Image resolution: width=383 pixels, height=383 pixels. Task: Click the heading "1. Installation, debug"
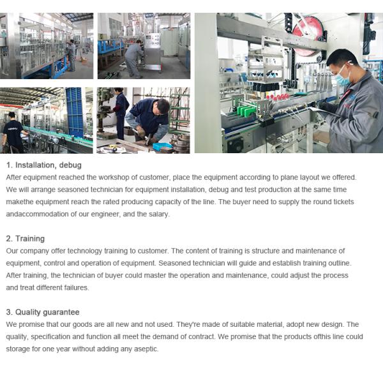pos(43,165)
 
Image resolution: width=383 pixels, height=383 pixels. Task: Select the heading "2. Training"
pos(25,239)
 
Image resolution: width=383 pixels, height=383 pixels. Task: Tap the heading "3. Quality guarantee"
pos(43,312)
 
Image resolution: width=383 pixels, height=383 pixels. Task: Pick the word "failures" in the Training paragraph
pos(73,287)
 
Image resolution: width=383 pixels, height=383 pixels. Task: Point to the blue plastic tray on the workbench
pos(162,146)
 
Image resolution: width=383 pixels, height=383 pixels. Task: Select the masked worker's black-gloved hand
pos(317,107)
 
